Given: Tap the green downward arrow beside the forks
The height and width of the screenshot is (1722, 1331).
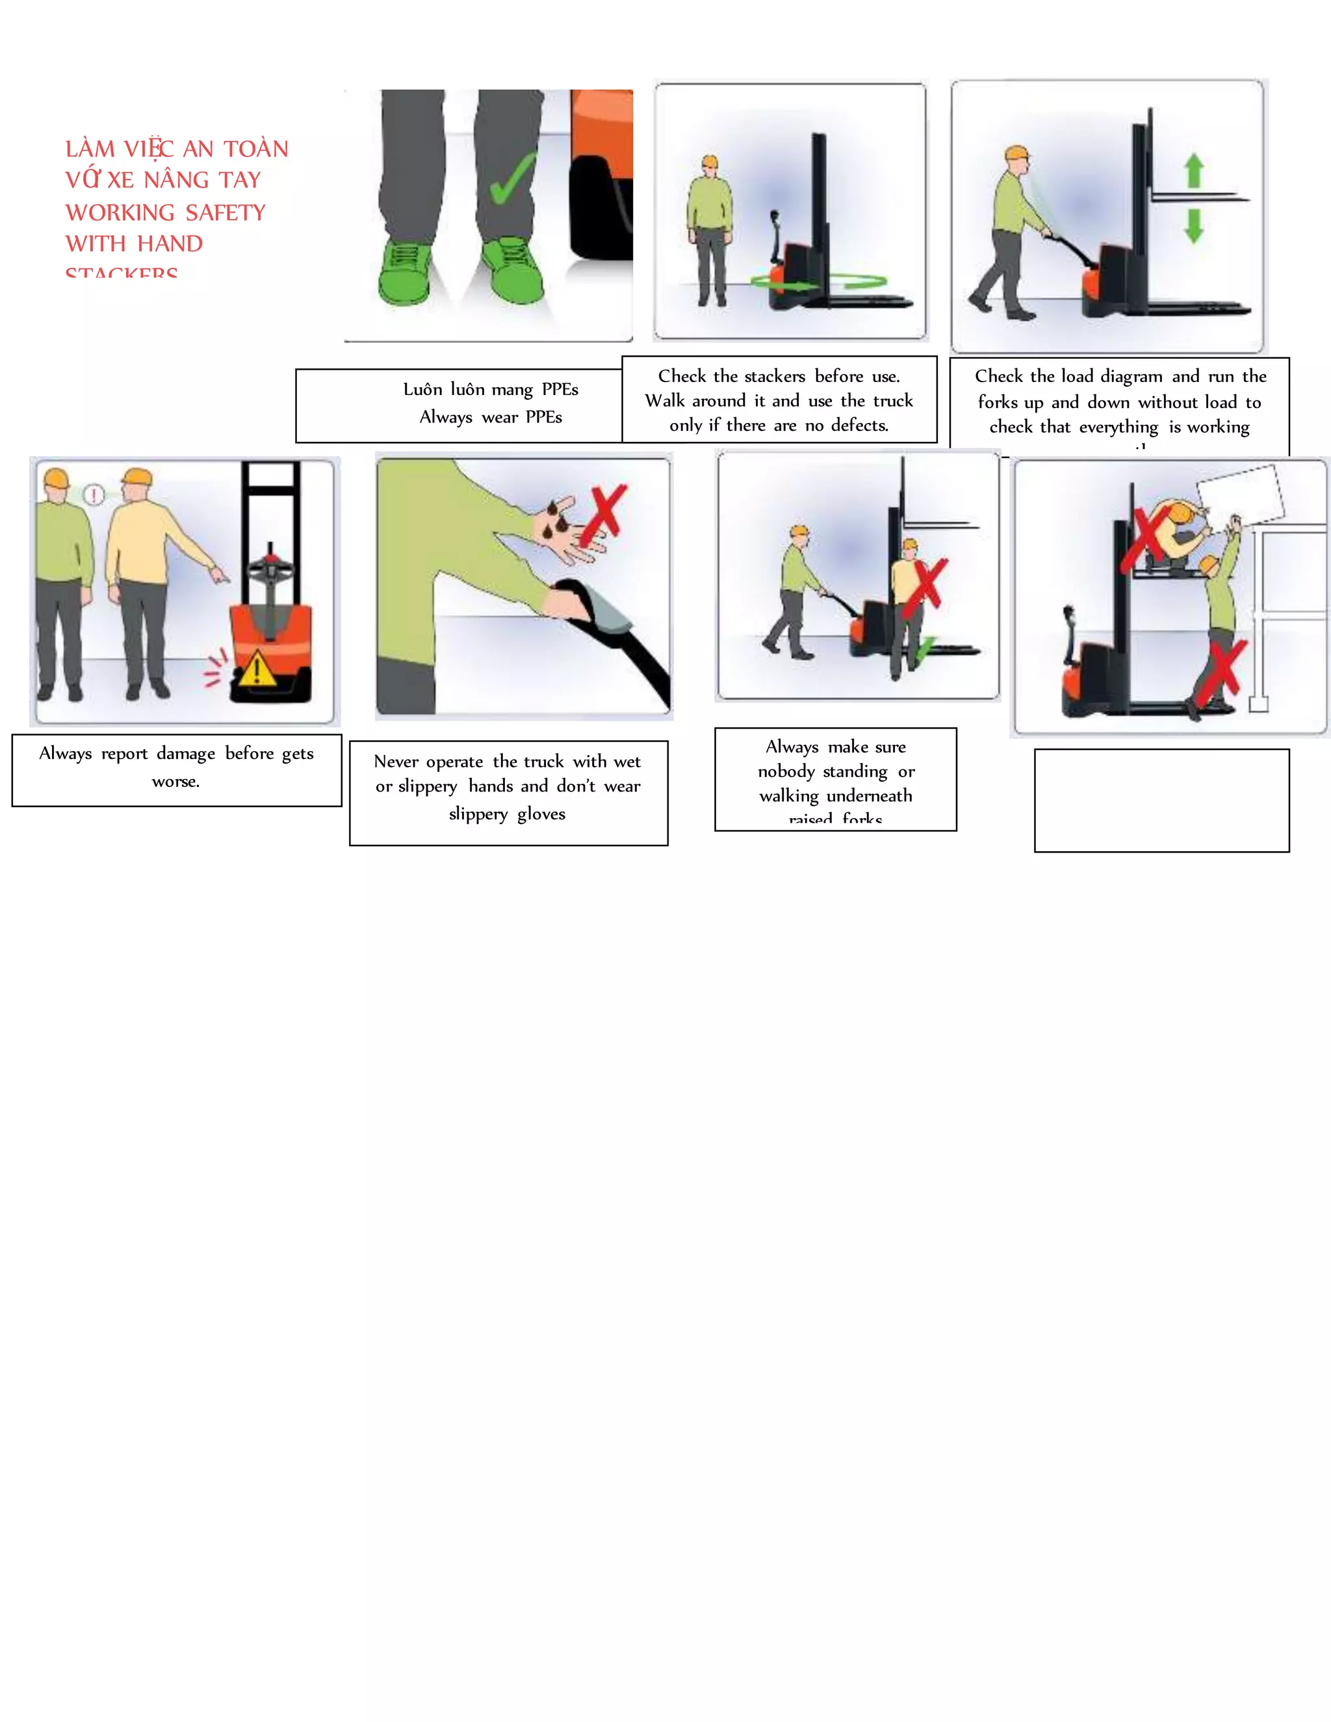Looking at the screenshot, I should pos(1194,225).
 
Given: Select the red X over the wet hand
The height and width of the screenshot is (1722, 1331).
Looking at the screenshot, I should pos(602,516).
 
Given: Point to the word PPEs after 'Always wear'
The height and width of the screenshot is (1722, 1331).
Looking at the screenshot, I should pos(543,417).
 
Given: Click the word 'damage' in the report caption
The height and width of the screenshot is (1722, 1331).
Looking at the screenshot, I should pos(185,754).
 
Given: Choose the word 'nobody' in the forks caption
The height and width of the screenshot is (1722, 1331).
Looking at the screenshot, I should pos(785,771).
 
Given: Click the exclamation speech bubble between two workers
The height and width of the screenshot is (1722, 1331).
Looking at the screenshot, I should pos(94,495).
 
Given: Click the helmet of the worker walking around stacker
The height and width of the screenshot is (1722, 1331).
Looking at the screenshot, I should pos(710,162).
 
